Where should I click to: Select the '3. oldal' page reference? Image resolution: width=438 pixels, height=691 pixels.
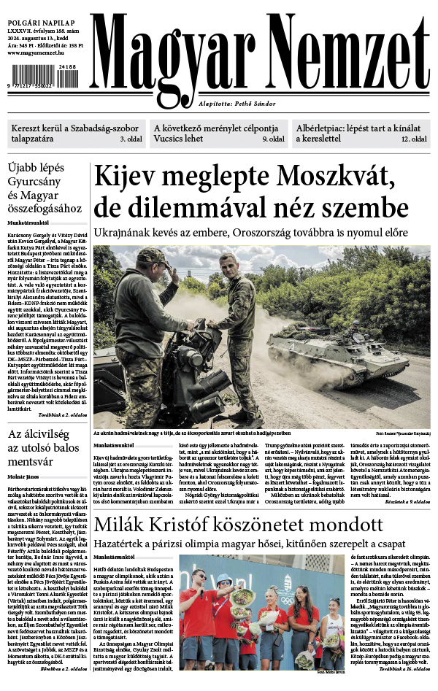131,139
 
